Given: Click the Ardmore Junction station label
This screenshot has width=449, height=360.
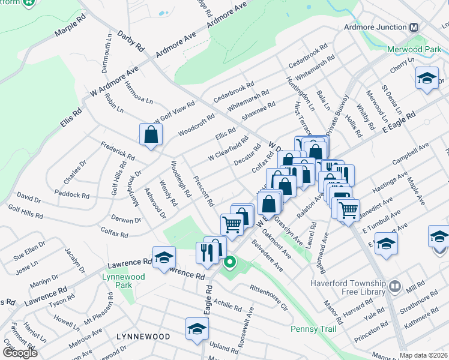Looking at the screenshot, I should coord(375,28).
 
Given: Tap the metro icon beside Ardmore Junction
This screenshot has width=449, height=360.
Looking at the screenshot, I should coord(414,28).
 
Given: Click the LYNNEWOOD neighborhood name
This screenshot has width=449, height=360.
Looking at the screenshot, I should coord(143,337).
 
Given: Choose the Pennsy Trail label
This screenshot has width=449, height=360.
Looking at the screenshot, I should coord(313,329).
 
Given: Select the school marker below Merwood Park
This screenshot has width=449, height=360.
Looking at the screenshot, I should coord(427,79).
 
